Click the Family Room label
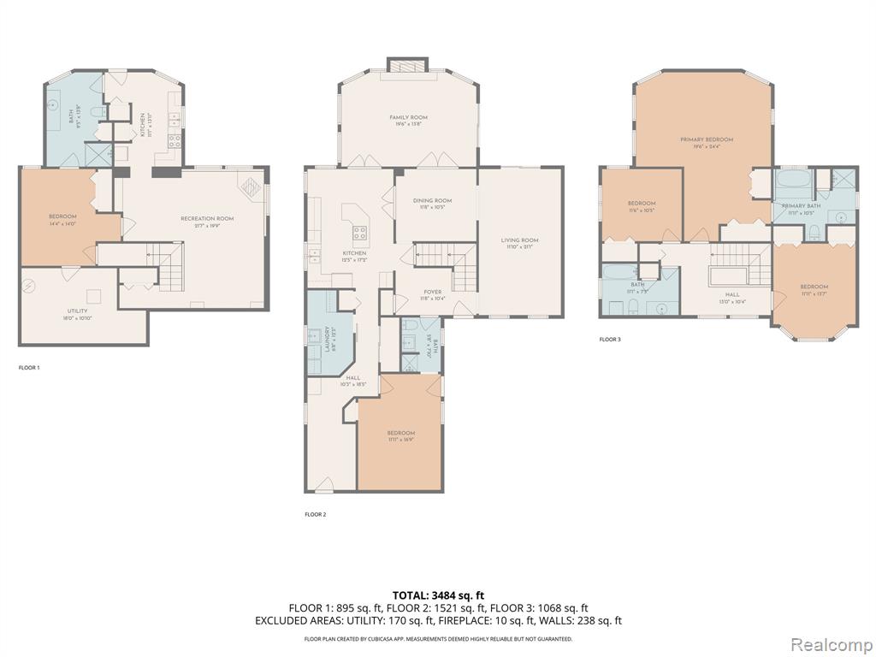[408, 118]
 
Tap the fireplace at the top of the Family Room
[408, 66]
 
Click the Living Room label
[519, 240]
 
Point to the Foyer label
[433, 293]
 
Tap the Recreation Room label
[207, 219]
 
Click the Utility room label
[77, 311]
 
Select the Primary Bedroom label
[707, 139]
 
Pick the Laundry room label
[328, 340]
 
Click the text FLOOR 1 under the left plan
[29, 368]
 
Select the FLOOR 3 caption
[610, 340]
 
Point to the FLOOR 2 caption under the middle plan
[316, 515]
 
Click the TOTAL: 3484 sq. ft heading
[438, 595]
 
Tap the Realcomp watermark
[832, 642]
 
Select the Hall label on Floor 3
[732, 294]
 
